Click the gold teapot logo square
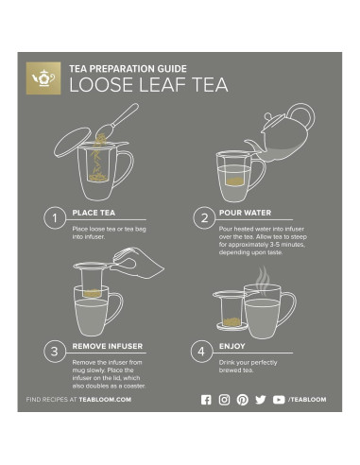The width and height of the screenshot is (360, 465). point(43,78)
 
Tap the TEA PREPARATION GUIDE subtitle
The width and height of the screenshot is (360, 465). point(127,68)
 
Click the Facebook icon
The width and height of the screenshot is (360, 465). point(207,400)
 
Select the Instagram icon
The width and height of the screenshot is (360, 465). point(225,400)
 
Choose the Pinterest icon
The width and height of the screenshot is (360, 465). point(243,400)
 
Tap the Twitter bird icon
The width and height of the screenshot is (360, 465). point(261,400)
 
